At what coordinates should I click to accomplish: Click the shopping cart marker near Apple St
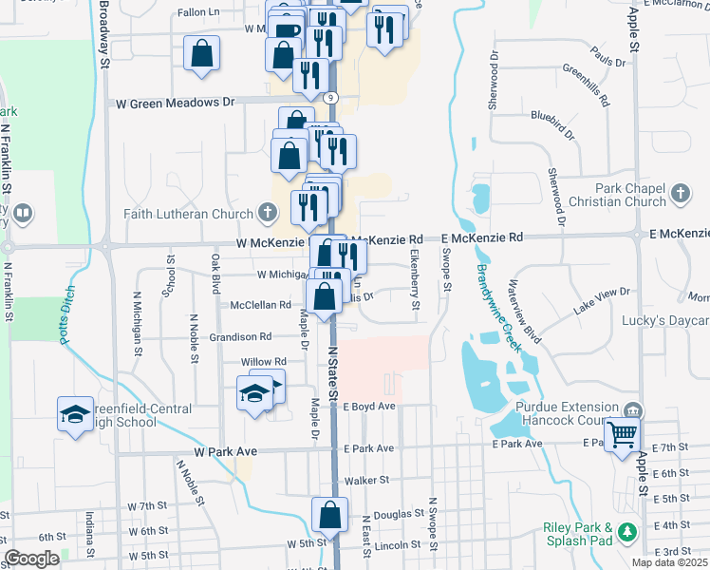[623, 435]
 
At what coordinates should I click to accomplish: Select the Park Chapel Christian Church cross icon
[679, 195]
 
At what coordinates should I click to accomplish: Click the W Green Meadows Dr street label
[175, 102]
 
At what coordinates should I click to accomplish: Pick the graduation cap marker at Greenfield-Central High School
[74, 413]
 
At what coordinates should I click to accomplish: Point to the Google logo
[31, 559]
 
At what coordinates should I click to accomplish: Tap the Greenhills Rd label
[586, 84]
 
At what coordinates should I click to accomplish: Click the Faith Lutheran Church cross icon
[270, 214]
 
